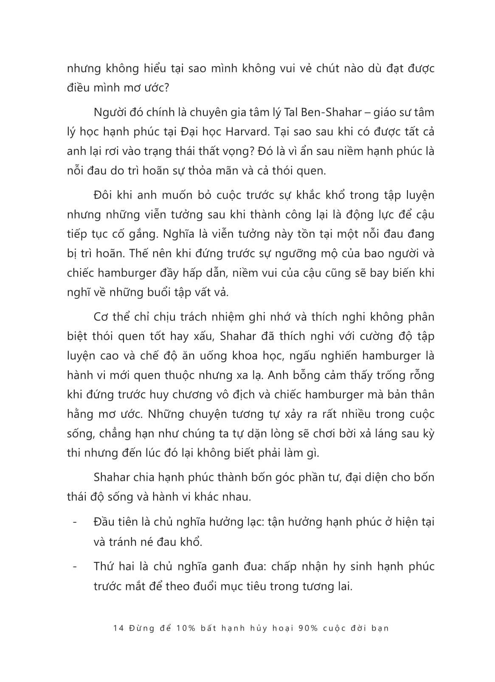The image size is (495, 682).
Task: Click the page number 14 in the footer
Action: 118,628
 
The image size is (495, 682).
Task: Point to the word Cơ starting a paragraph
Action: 101,317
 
